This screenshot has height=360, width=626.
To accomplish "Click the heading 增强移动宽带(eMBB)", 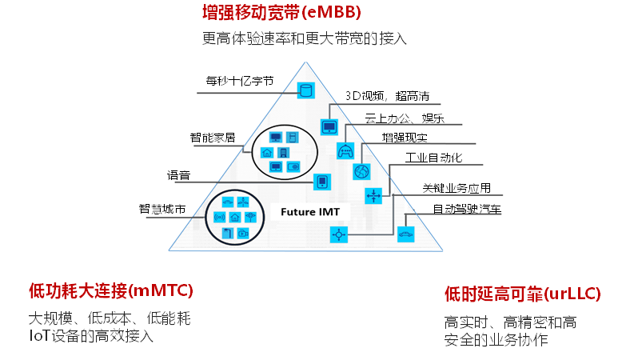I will pos(281,13).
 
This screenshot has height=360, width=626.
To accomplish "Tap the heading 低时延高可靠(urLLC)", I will pos(522,294).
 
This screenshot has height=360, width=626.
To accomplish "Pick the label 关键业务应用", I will pos(457,189).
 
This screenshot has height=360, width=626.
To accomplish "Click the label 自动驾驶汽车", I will pos(468,210).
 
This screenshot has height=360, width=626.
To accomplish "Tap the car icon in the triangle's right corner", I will pos(406,234).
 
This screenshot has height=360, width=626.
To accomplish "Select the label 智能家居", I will pos(212,137).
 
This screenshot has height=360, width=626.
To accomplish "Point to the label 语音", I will pos(178,175).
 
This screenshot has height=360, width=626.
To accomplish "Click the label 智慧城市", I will pos(162,210).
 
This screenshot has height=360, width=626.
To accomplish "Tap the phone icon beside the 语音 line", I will pos(322,182).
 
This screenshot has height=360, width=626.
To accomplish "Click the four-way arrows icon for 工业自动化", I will pos(373,195).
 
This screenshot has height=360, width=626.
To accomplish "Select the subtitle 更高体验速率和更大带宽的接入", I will pos(304,38).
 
